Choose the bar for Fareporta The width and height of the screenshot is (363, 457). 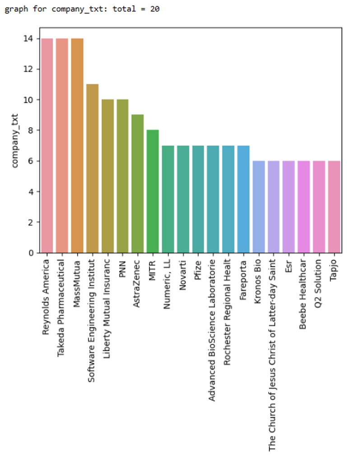coord(243,199)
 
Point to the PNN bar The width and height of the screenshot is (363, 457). coord(122,176)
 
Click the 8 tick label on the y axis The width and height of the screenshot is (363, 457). coord(32,131)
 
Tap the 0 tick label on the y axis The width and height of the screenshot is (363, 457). coord(32,253)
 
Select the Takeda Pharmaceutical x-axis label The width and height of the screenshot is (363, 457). coord(62,307)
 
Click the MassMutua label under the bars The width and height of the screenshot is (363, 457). coord(77,282)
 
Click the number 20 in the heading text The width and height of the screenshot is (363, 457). coord(155,9)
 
